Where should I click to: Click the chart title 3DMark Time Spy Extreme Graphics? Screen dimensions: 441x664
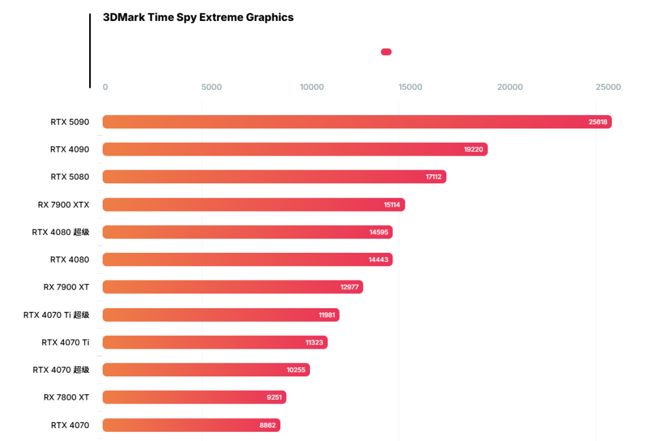[x=199, y=17]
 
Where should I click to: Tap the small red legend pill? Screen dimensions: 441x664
[x=386, y=52]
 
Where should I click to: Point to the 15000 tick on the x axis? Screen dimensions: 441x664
[x=410, y=87]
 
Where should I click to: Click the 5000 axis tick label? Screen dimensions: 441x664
[x=211, y=87]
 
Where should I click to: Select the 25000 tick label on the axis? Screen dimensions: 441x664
[x=608, y=87]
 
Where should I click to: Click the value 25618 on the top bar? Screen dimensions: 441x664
[x=598, y=122]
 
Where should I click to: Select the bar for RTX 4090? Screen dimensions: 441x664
[x=295, y=149]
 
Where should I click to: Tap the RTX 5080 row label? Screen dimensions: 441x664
[x=69, y=177]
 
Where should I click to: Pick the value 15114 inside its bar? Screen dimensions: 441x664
[x=392, y=205]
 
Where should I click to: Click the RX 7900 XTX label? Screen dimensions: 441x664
[x=63, y=204]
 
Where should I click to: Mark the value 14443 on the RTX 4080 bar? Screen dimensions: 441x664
[x=378, y=260]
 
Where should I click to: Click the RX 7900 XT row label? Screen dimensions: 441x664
[x=66, y=287]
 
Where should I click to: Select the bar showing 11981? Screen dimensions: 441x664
[x=221, y=315]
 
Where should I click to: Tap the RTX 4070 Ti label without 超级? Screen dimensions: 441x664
[x=65, y=342]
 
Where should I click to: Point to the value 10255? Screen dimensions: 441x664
[x=296, y=370]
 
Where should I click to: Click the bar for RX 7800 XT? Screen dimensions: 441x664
[x=194, y=397]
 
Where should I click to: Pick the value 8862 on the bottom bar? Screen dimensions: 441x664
[x=267, y=425]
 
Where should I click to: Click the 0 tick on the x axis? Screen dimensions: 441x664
[x=105, y=87]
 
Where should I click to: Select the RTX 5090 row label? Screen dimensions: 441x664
[x=69, y=122]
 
